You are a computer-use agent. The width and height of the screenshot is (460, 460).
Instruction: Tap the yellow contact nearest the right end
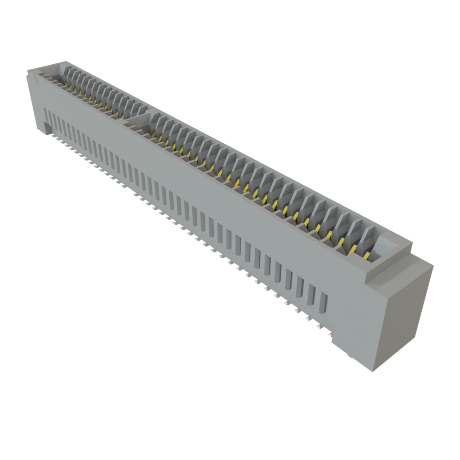click(x=367, y=256)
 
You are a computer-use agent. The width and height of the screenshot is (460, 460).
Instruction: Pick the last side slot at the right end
click(x=323, y=303)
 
